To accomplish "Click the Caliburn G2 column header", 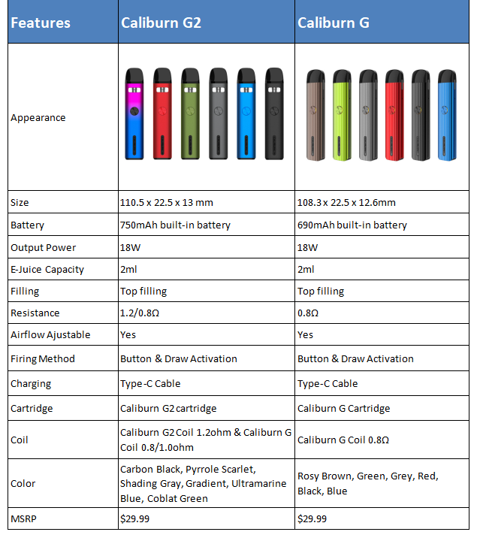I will (x=161, y=23).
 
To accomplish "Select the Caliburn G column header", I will (x=333, y=23).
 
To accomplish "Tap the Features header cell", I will (x=41, y=23).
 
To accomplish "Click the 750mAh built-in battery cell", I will (x=175, y=225).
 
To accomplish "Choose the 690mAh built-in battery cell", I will (x=352, y=225).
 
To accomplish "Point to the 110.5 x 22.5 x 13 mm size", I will (x=177, y=203).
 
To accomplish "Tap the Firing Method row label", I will (x=43, y=359).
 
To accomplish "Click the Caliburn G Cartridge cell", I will (x=343, y=409).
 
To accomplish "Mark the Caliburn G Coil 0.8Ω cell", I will (x=343, y=440).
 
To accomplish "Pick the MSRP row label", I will (x=23, y=519).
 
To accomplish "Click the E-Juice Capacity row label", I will (x=47, y=270).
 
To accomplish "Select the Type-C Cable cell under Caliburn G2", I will (x=150, y=384).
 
